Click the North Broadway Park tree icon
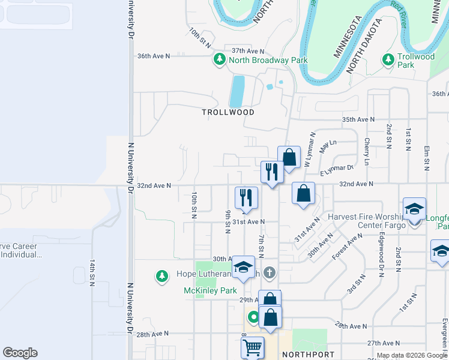point(219,60)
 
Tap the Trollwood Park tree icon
point(388,60)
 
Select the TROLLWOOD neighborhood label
point(228,112)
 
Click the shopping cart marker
point(252,347)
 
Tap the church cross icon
point(270,274)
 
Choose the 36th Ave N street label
point(154,56)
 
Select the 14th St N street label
point(92,272)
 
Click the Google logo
point(20,353)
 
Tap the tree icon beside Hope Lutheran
point(161,276)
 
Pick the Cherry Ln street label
point(367,151)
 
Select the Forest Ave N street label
point(348,245)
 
